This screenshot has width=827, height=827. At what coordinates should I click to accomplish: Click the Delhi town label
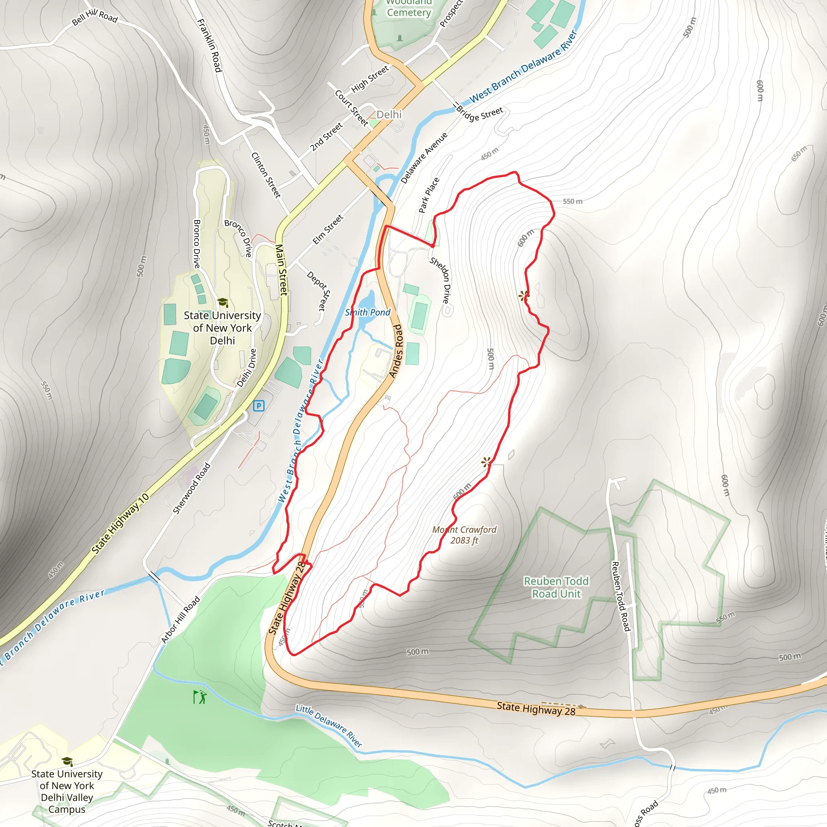[x=389, y=114]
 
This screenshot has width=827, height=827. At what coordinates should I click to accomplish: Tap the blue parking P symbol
[x=258, y=405]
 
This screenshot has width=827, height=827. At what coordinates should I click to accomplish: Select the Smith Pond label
[x=368, y=313]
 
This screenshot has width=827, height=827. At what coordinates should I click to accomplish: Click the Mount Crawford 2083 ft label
[x=464, y=535]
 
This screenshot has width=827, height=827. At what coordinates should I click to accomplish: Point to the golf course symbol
[x=199, y=697]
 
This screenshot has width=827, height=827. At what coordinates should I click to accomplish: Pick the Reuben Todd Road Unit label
[x=556, y=587]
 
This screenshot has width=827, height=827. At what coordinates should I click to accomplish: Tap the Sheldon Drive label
[x=441, y=280]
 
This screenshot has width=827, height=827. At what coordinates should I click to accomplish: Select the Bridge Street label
[x=479, y=114]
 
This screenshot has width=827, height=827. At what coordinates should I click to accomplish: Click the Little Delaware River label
[x=329, y=726]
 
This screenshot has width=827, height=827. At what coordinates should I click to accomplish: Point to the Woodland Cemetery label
[x=408, y=8]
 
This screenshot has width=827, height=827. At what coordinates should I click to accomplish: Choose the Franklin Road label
[x=210, y=45]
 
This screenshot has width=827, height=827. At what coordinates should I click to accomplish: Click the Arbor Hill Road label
[x=181, y=619]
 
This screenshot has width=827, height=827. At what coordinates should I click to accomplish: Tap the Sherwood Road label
[x=191, y=488]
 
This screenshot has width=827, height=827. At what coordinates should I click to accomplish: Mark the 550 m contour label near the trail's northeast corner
[x=572, y=201]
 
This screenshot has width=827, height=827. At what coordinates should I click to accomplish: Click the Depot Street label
[x=319, y=291]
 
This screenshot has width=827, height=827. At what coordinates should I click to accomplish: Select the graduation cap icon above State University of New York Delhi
[x=222, y=302]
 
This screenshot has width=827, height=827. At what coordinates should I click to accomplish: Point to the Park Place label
[x=429, y=195]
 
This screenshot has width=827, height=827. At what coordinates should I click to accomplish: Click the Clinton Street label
[x=266, y=175]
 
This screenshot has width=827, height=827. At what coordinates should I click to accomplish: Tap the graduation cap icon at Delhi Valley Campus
[x=67, y=762]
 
